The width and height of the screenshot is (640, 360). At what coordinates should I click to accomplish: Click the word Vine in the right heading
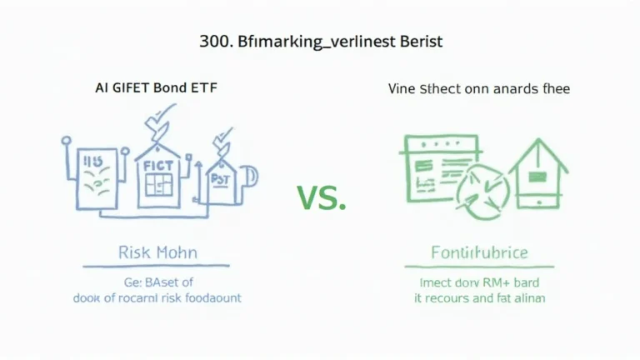[404, 88]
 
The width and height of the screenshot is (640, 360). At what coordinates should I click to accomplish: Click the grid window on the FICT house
[157, 183]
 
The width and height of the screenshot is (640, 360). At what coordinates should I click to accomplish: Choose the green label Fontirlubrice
[478, 252]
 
